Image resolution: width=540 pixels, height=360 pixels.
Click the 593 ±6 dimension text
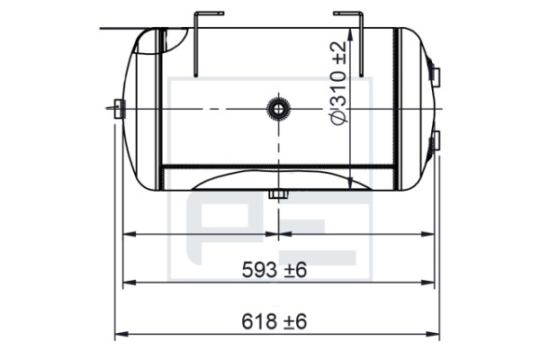[274, 269]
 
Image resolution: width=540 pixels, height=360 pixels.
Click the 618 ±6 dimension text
[274, 321]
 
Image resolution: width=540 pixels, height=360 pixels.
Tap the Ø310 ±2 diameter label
[337, 84]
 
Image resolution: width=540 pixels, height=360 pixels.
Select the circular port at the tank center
[278, 109]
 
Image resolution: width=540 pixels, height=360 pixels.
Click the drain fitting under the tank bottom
[278, 194]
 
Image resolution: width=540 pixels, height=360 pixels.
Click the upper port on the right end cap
[436, 76]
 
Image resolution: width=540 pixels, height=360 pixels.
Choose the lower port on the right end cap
[436, 140]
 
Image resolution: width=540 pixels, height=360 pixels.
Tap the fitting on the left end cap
[119, 109]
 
